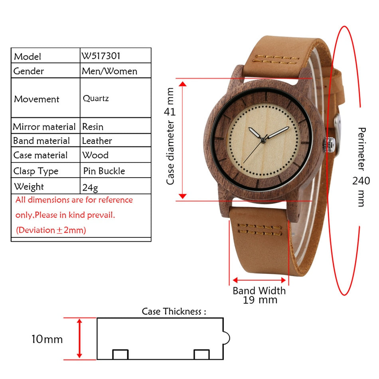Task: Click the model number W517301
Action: click(x=101, y=55)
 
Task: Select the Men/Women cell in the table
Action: click(x=109, y=71)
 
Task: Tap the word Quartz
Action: click(x=96, y=98)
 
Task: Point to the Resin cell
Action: click(x=93, y=127)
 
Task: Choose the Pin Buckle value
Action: click(x=104, y=171)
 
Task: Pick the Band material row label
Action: click(x=41, y=141)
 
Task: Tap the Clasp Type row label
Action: click(x=36, y=171)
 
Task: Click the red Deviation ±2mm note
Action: click(x=51, y=230)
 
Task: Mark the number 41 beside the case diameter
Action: click(x=170, y=112)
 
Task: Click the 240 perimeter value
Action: click(x=361, y=181)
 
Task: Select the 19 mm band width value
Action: click(x=260, y=300)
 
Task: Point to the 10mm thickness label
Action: click(x=47, y=339)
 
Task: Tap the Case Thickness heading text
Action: click(x=174, y=312)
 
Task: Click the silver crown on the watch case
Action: click(x=330, y=144)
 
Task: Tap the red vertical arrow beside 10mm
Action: click(x=79, y=338)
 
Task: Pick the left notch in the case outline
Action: click(x=120, y=354)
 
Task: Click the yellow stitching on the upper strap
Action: click(x=276, y=59)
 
